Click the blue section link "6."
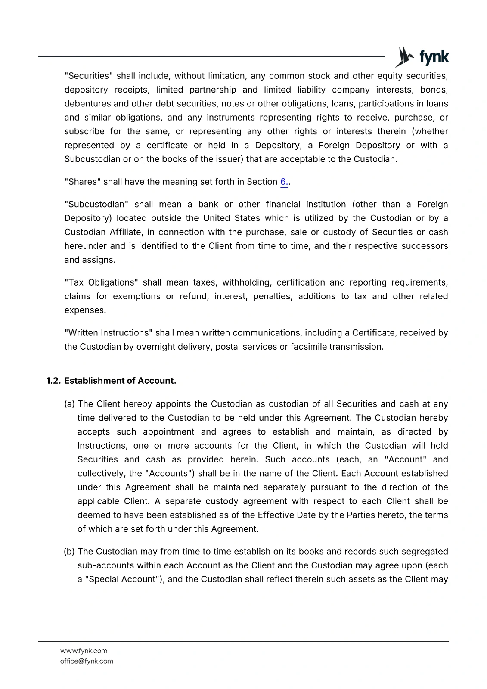(x=284, y=182)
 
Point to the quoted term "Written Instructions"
(x=108, y=333)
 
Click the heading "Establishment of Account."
(x=120, y=381)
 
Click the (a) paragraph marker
(x=69, y=404)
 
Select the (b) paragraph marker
(x=69, y=552)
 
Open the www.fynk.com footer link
(x=84, y=651)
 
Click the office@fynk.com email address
(x=87, y=661)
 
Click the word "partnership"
(x=213, y=90)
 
